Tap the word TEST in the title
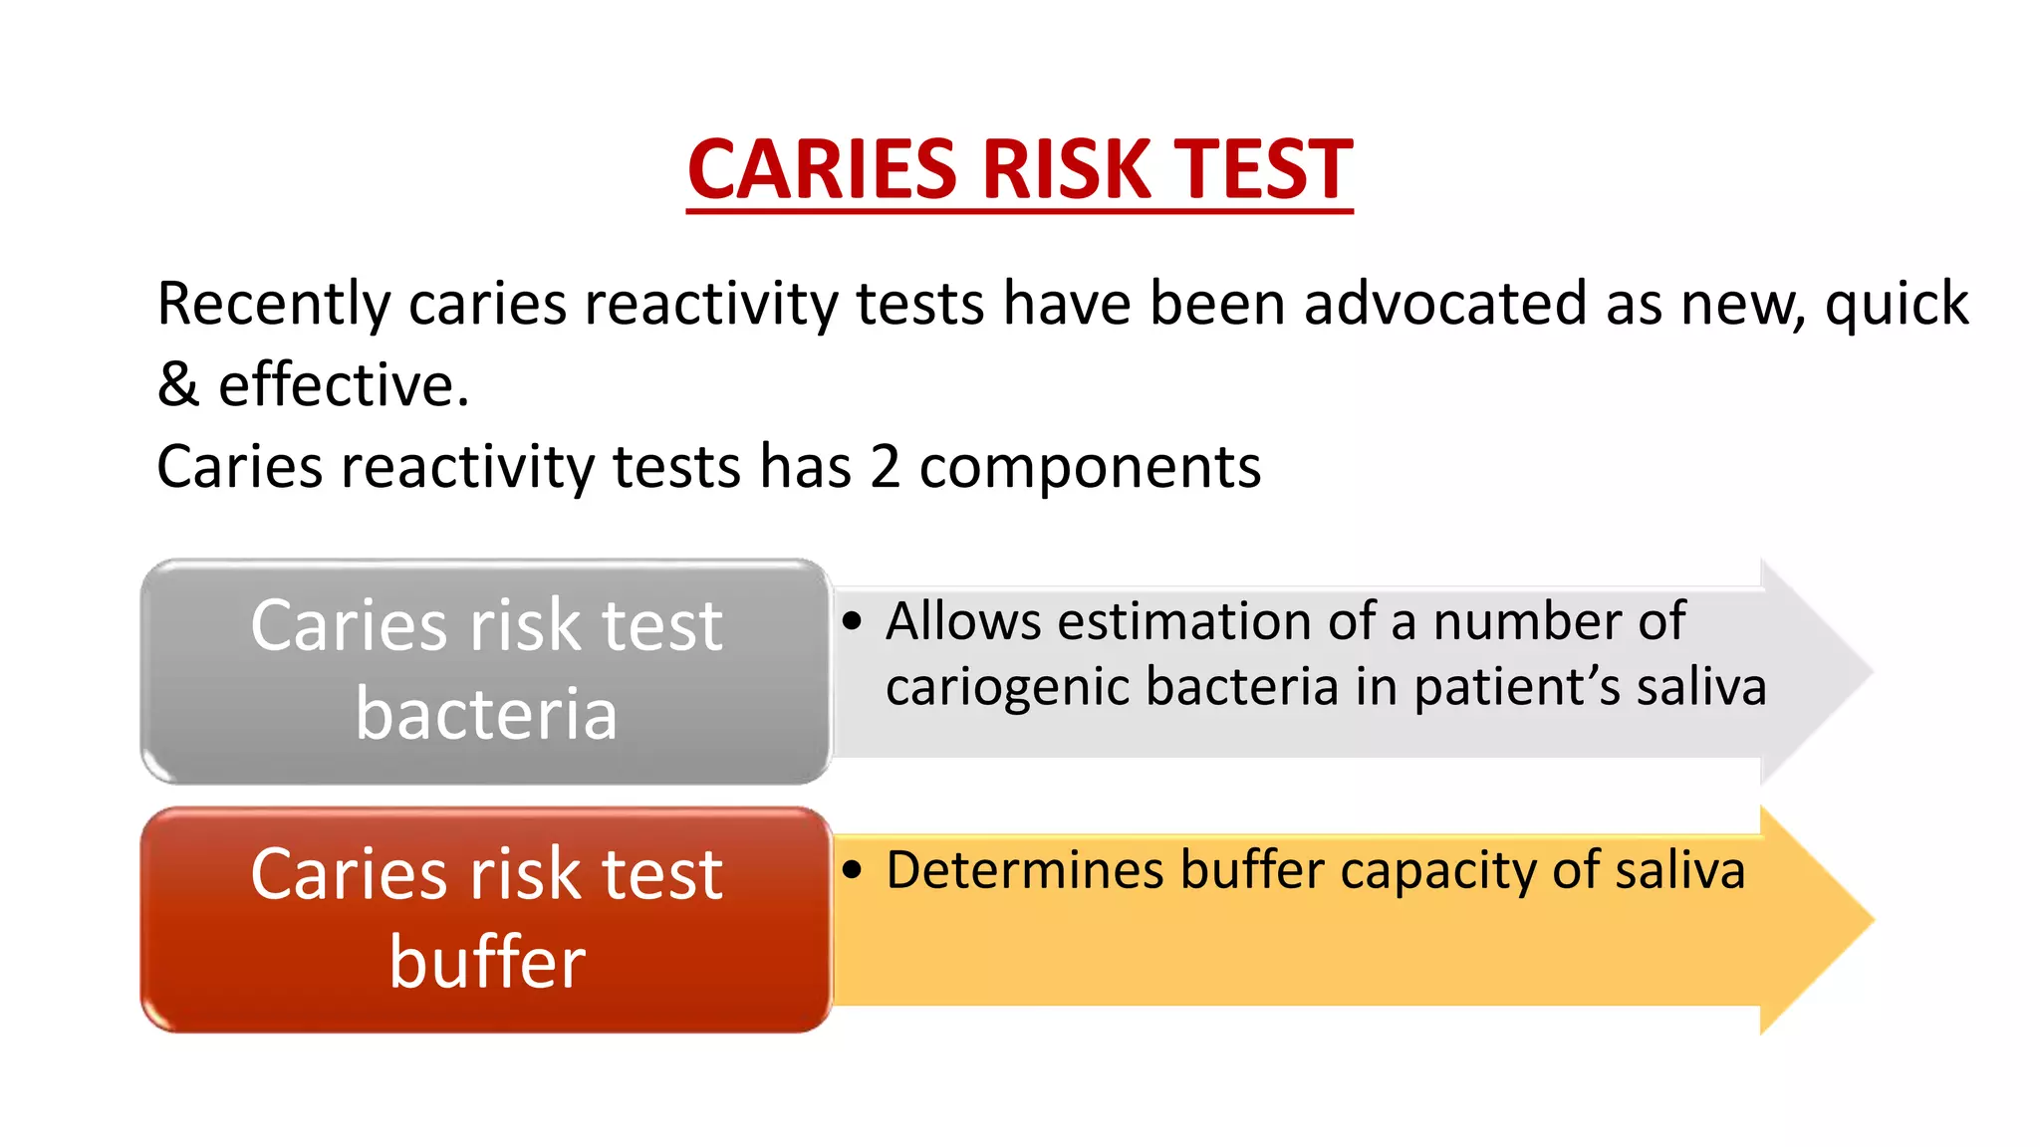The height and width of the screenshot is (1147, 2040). [x=1262, y=169]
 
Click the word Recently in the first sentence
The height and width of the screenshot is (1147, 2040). [x=273, y=305]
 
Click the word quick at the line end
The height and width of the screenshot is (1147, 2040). [x=1896, y=305]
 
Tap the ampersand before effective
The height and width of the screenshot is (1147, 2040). [x=178, y=385]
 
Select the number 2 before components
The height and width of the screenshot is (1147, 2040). [x=885, y=467]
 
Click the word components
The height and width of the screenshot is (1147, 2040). [x=1090, y=469]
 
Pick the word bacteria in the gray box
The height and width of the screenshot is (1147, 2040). [x=486, y=714]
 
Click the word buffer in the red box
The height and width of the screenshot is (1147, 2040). [x=486, y=963]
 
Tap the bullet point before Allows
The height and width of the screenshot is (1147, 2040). [x=851, y=621]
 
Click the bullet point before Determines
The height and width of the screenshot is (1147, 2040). [x=851, y=870]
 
